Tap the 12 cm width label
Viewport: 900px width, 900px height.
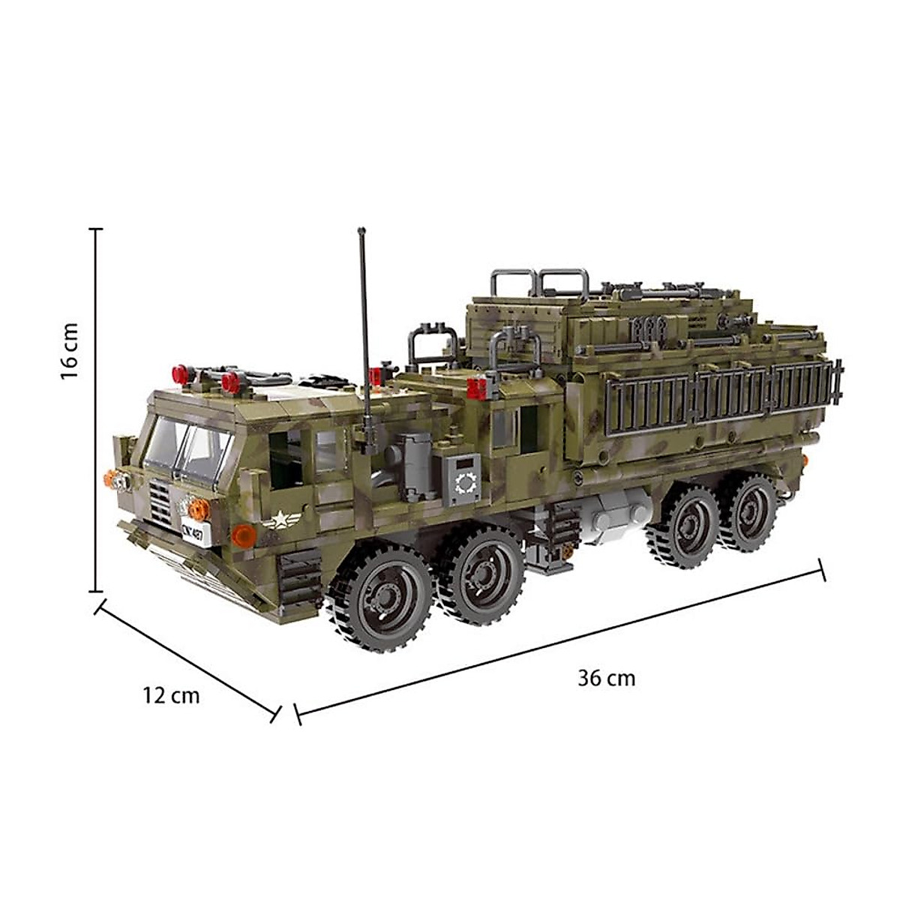click(x=172, y=695)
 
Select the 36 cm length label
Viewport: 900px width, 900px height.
click(x=606, y=678)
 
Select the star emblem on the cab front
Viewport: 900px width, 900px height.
click(x=282, y=517)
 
